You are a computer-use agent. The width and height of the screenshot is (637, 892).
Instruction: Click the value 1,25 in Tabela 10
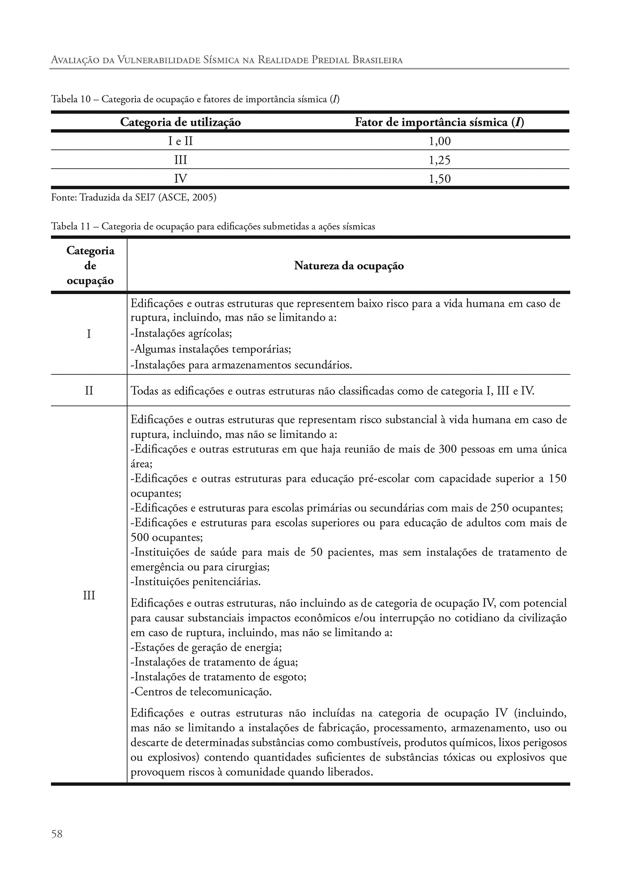[x=439, y=160]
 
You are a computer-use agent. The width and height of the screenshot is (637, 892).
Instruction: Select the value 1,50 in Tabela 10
[x=439, y=179]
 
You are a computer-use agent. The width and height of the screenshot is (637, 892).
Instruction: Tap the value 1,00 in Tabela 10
[x=439, y=142]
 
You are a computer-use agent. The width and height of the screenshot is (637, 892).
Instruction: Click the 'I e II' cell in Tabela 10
[x=180, y=142]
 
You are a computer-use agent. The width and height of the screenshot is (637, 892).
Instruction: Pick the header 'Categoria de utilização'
[x=180, y=122]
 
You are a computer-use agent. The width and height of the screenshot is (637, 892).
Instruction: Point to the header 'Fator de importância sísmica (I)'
[x=439, y=122]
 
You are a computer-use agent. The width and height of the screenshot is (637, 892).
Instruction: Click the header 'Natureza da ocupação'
[x=349, y=266]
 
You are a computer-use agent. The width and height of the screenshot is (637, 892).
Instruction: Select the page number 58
[x=57, y=834]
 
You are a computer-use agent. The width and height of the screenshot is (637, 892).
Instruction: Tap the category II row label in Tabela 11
[x=89, y=391]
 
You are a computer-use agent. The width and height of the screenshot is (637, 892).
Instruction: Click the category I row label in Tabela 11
[x=89, y=334]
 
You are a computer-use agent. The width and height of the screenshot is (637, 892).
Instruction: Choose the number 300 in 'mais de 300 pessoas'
[x=447, y=449]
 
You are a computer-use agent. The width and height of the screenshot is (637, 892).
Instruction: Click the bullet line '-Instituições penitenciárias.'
[x=195, y=582]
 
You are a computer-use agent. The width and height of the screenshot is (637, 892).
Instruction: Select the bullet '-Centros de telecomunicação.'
[x=201, y=692]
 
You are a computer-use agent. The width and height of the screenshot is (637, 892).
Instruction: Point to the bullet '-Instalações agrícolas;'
[x=181, y=334]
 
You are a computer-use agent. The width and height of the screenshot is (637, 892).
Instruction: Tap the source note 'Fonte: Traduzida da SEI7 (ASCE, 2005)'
[x=133, y=198]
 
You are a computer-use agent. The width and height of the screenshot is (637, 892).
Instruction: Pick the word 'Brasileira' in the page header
[x=377, y=60]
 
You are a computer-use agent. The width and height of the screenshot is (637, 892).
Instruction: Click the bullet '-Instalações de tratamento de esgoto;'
[x=218, y=677]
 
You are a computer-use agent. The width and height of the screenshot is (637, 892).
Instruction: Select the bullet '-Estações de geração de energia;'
[x=206, y=648]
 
